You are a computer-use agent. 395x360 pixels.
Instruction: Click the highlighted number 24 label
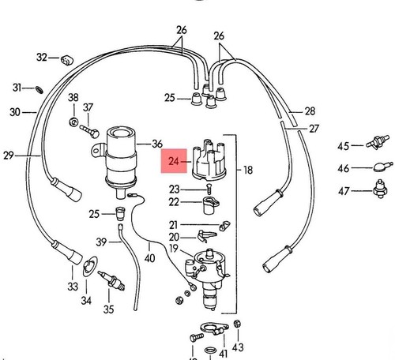[x=174, y=161]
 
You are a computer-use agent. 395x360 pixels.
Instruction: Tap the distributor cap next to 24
[x=209, y=159]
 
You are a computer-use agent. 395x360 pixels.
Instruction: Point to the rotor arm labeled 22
[x=211, y=205]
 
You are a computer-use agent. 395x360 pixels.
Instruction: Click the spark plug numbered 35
[x=111, y=280]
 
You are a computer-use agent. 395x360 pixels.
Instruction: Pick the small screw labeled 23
[x=209, y=189]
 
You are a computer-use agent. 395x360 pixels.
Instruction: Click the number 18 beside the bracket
[x=248, y=171]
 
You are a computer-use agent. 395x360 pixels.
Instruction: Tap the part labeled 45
[x=378, y=142]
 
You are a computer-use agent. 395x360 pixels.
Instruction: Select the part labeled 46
[x=383, y=167]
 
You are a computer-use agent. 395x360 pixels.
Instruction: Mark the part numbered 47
[x=380, y=189]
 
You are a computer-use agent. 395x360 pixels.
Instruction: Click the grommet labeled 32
[x=67, y=60]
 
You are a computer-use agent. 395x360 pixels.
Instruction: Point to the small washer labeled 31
[x=39, y=90]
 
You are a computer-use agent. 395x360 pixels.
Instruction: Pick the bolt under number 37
[x=89, y=131]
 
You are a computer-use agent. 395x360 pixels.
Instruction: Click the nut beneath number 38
[x=73, y=122]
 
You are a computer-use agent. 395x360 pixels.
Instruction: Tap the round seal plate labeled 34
[x=89, y=266]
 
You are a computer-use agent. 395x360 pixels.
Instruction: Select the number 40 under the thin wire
[x=149, y=258]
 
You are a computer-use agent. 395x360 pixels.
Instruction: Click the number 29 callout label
[x=8, y=156]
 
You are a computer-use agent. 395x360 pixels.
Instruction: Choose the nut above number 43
[x=237, y=324]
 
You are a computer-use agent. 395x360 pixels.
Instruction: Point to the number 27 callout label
[x=314, y=129]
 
